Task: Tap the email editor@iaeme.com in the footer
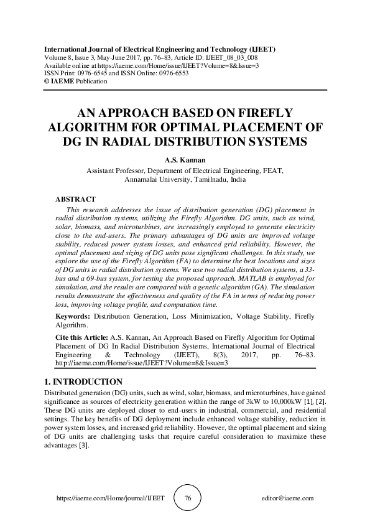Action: click(x=289, y=498)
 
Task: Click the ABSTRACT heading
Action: click(x=75, y=199)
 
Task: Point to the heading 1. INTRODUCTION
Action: click(x=83, y=381)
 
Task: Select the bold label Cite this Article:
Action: click(x=81, y=334)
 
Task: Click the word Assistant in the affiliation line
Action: click(x=102, y=169)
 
